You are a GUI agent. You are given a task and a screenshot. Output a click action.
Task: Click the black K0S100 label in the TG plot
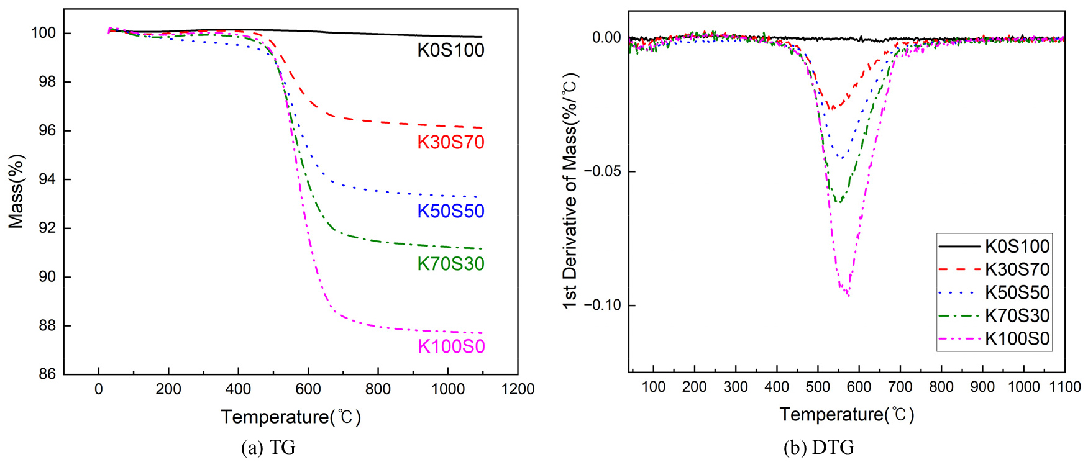click(450, 50)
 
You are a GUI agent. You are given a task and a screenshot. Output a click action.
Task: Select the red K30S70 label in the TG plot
click(450, 143)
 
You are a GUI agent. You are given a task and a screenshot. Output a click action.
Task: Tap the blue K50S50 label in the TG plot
click(450, 211)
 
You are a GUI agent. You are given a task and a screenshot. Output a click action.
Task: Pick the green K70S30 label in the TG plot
click(450, 264)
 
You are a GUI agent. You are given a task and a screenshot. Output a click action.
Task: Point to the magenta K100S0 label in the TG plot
click(451, 346)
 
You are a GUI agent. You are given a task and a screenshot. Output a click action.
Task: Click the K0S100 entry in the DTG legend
click(1017, 247)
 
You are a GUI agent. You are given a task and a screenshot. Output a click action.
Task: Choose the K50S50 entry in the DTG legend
click(1017, 292)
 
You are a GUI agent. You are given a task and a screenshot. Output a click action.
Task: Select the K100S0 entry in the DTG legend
click(1017, 338)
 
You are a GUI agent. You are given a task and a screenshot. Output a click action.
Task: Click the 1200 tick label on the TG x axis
click(518, 389)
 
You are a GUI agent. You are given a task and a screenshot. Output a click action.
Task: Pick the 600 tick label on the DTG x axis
click(859, 387)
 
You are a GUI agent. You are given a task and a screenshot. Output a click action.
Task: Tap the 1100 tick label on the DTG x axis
click(1065, 387)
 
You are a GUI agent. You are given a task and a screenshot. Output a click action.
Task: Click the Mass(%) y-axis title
click(16, 191)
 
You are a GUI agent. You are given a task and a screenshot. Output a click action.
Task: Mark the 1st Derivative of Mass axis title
click(570, 191)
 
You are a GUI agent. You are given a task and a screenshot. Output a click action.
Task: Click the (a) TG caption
click(268, 448)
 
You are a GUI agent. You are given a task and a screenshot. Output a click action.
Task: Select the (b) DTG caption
click(818, 448)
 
